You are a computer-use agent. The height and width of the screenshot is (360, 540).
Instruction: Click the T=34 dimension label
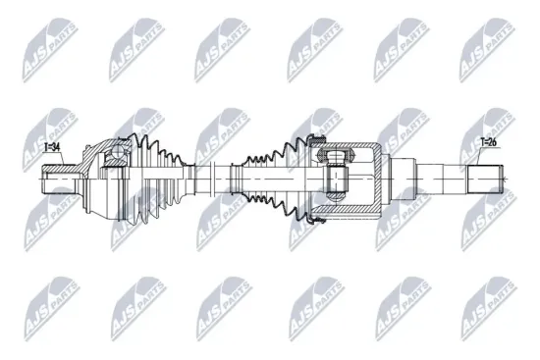[53, 147]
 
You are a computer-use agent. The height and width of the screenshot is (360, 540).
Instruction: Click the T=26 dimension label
[489, 143]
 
